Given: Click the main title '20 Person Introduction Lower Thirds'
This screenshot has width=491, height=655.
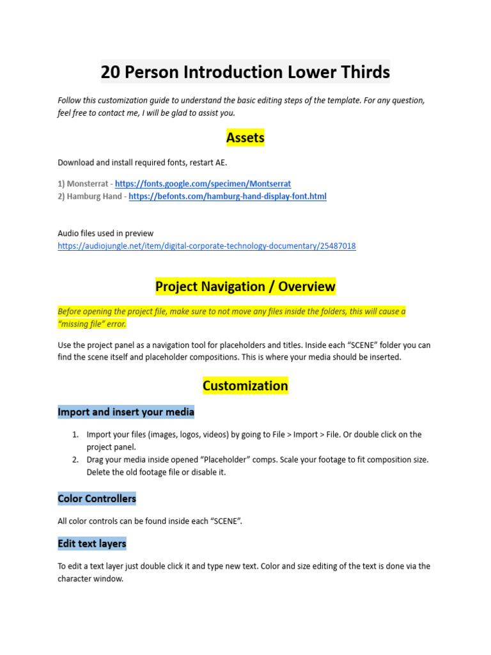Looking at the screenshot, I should point(245,72).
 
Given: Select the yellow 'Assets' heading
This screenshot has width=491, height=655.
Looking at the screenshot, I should point(245,137).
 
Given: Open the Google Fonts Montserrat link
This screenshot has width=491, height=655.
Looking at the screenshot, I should point(203,184).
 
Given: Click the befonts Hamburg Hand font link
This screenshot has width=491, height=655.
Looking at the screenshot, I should point(228,196).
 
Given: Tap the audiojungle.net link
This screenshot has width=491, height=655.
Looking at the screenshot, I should point(207,246).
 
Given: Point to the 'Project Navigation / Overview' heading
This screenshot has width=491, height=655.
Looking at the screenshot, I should point(245,287).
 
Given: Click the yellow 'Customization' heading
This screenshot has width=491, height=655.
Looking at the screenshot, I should point(245,386).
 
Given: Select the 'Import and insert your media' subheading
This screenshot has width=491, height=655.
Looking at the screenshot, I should point(126,411).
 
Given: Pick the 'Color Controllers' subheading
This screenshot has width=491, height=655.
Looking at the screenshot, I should point(97,498).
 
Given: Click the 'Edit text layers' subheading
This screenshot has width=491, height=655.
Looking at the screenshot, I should point(92,544).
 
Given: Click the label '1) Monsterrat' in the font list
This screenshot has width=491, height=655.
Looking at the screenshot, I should point(83,184).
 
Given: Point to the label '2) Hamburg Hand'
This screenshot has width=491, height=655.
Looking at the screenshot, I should point(90,196).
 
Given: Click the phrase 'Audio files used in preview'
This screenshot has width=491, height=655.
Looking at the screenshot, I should point(105,233).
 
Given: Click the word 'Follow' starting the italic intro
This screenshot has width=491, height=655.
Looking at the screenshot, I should point(70,100).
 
